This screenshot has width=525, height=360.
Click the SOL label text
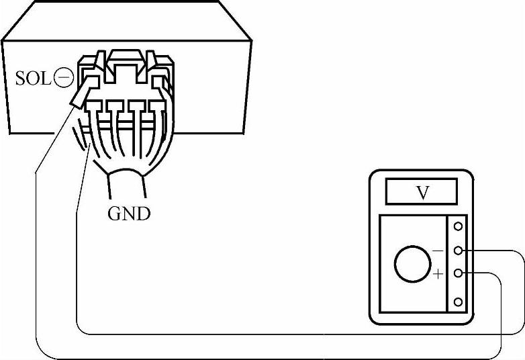coord(32,79)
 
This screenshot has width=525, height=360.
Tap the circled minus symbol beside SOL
coord(63,79)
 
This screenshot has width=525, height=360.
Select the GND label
coord(129,214)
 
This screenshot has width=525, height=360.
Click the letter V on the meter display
coord(422,193)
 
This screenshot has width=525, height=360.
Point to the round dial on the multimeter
coord(412,263)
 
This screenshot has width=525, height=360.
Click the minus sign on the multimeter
coord(438,251)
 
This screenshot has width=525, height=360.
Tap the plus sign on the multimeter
coord(438,273)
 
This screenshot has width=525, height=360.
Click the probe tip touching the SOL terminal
coord(79,97)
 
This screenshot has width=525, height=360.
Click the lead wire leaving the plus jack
coord(500,316)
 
